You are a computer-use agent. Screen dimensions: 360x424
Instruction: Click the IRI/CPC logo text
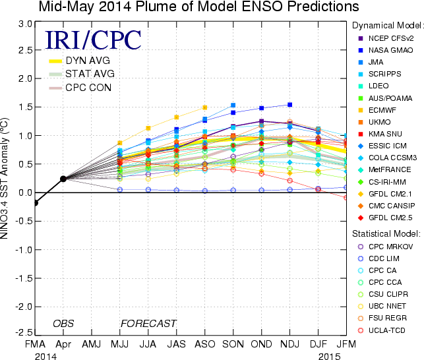[x=93, y=40]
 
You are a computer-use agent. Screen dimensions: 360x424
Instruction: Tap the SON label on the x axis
[x=233, y=345]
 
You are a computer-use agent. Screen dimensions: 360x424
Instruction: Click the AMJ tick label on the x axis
[x=91, y=345]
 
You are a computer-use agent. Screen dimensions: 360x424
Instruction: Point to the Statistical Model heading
[x=386, y=233]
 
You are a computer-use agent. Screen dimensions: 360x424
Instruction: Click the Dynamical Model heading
[x=386, y=24]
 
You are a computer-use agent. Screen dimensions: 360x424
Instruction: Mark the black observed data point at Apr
[x=63, y=179]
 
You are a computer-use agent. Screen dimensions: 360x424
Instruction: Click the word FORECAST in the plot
[x=148, y=323]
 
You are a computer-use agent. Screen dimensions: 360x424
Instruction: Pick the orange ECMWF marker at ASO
[x=204, y=107]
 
